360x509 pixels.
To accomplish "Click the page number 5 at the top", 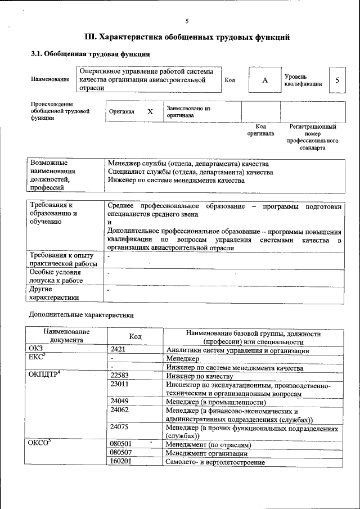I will point(187,21).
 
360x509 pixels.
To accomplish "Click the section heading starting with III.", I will point(187,38).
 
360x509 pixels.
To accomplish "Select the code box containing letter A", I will point(264,80).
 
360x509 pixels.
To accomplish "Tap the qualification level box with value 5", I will point(337,80).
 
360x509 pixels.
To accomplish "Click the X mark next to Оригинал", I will point(150,111).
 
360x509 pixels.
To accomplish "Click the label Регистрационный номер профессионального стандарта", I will point(313,137).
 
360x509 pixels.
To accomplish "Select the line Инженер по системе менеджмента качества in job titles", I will point(177,181).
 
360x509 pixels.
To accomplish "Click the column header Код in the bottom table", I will point(136,336).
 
